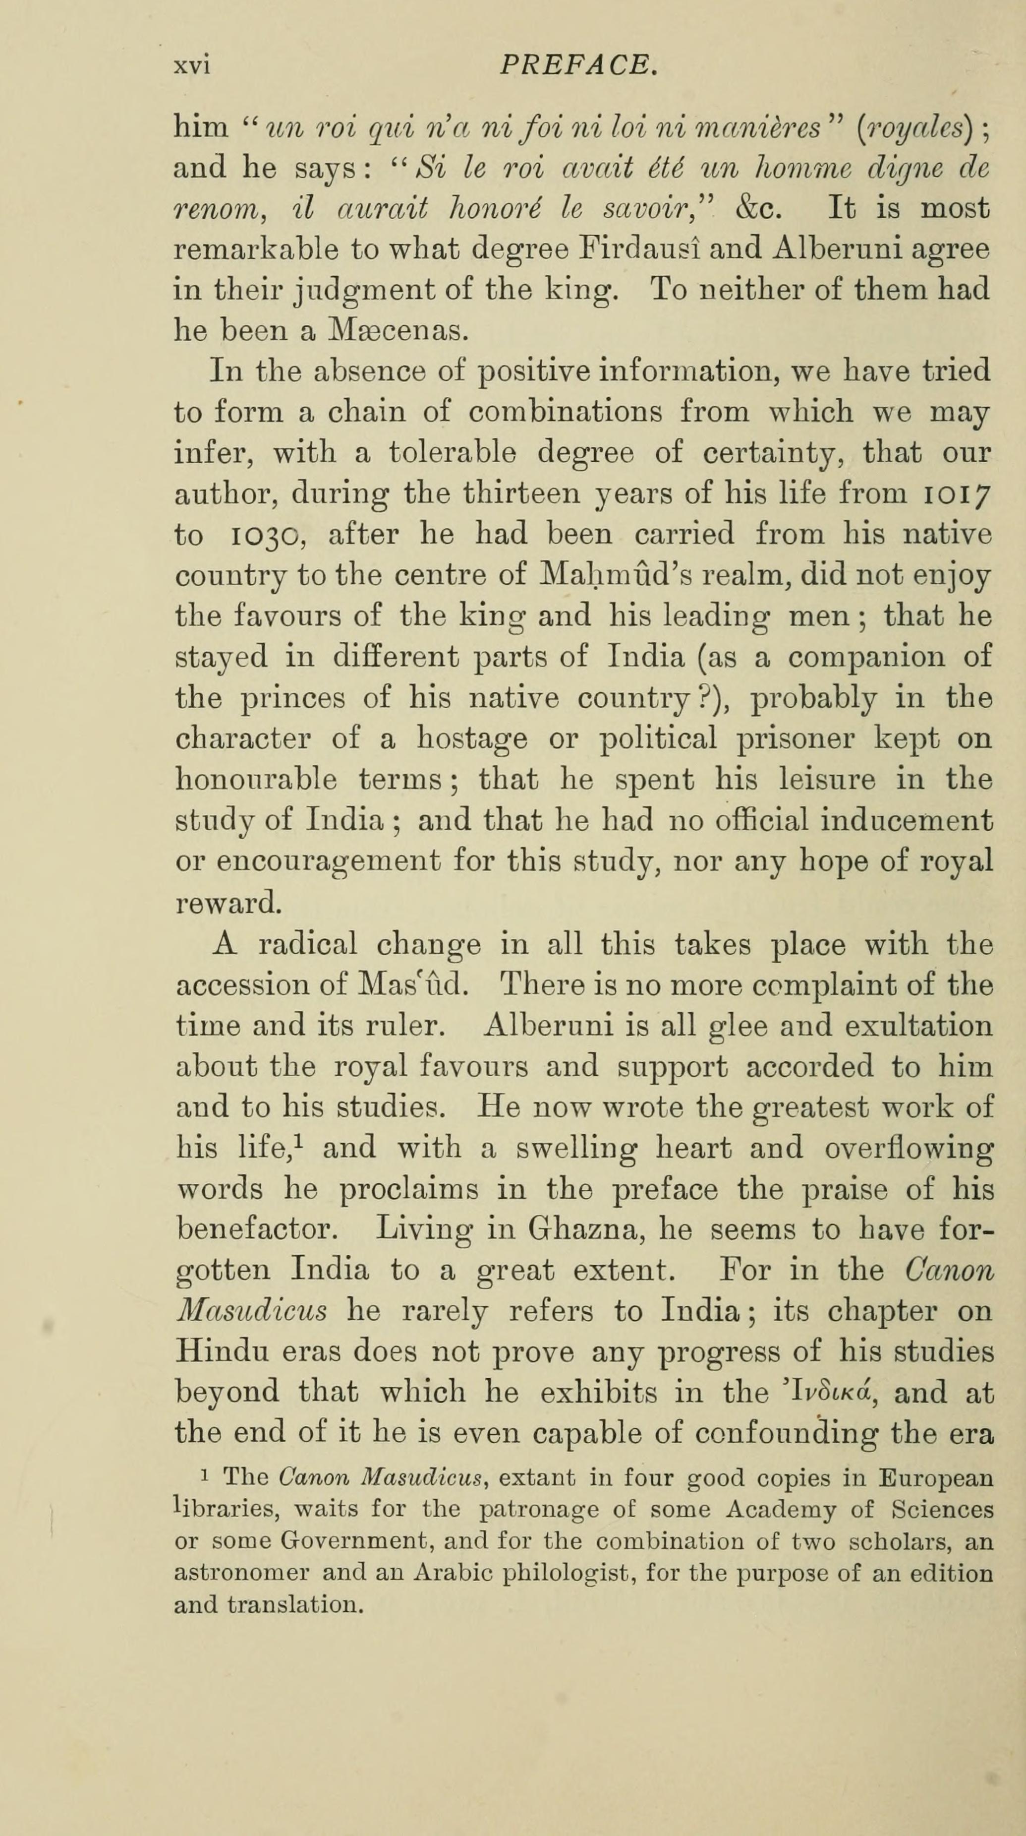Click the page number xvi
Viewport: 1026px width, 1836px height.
tap(192, 66)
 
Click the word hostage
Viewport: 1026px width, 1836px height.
tap(472, 738)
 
